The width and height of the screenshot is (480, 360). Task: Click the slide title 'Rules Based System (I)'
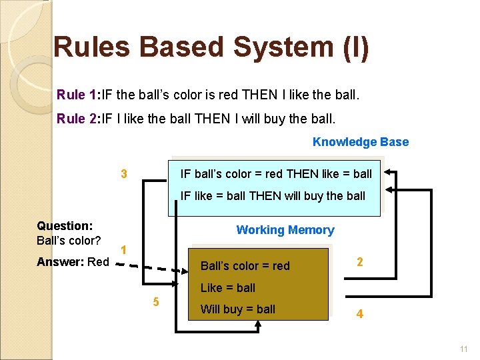coord(211,47)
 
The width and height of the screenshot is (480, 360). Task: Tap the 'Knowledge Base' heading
coord(360,142)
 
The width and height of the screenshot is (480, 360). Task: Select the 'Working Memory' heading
coord(285,230)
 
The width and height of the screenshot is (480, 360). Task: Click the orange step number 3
coord(124,175)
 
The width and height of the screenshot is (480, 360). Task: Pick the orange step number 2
coord(360,263)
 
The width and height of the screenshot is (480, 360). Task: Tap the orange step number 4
coord(360,313)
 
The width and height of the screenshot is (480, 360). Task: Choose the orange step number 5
coord(156,302)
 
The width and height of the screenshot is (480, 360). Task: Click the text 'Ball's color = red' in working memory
coord(245,266)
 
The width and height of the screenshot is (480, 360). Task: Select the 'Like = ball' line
coord(228,288)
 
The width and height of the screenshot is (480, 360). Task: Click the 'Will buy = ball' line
coord(238,309)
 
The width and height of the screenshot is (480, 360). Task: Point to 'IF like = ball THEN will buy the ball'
coord(273,196)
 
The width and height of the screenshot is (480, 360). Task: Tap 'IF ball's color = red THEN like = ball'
coord(277,174)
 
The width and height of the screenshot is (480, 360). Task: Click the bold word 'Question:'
coord(65,226)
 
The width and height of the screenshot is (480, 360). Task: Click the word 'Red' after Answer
coord(98,262)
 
